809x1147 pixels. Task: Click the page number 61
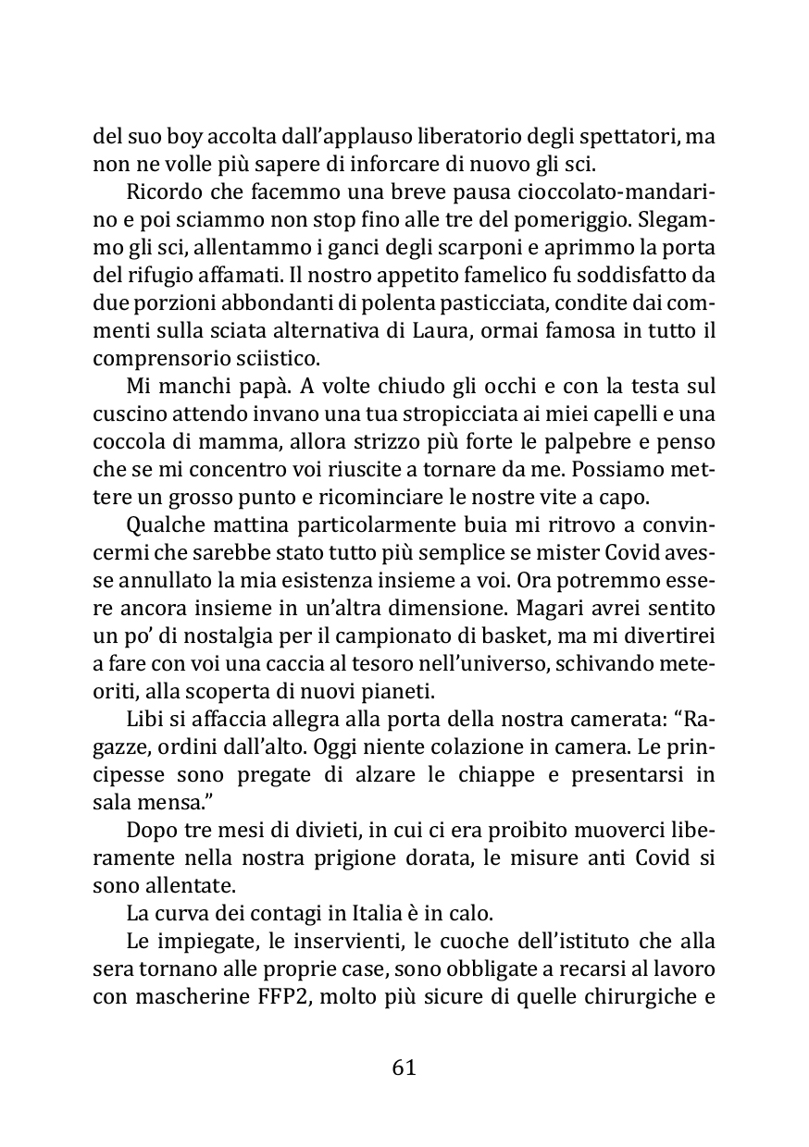[404, 1067]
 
